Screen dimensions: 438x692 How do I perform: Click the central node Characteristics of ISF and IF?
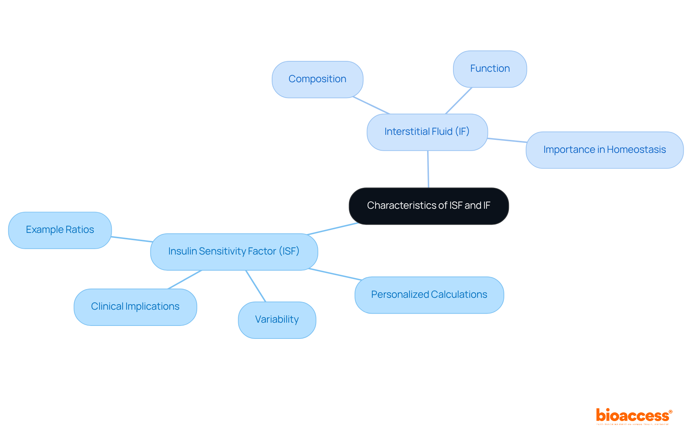[x=429, y=206]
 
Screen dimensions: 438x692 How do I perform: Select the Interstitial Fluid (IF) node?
[x=427, y=132]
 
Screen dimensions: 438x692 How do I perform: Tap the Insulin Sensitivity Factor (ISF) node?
[x=234, y=252]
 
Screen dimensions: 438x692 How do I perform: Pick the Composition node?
[x=317, y=79]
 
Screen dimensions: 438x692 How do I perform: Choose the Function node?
[x=490, y=69]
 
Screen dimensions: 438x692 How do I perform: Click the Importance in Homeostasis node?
[x=604, y=150]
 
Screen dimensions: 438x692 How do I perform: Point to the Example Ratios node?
[x=60, y=230]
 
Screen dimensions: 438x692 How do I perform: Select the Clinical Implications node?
[x=135, y=307]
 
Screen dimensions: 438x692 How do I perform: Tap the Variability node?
[x=277, y=320]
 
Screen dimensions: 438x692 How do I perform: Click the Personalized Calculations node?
[x=429, y=295]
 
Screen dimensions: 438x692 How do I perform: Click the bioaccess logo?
[x=634, y=416]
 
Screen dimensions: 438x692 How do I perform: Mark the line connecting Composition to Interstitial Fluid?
[x=371, y=105]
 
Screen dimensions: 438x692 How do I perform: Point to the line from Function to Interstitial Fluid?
[x=459, y=101]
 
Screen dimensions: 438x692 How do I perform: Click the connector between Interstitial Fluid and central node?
[x=428, y=169]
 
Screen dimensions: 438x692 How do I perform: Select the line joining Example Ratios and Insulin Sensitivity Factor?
[x=132, y=239]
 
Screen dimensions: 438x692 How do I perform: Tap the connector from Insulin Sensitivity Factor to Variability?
[x=256, y=286]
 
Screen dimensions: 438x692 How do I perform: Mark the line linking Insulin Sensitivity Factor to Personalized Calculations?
[x=335, y=274]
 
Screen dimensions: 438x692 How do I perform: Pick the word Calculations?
[x=459, y=295]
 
